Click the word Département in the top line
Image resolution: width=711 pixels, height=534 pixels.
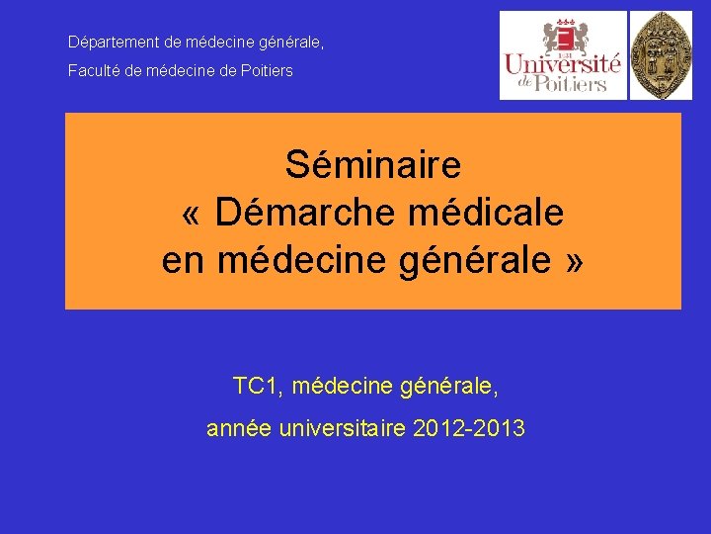point(108,43)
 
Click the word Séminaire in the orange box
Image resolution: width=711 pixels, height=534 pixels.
point(373,164)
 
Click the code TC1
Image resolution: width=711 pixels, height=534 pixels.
point(257,386)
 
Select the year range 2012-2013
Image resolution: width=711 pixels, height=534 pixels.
point(469,429)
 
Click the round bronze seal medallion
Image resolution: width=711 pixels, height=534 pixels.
point(662,55)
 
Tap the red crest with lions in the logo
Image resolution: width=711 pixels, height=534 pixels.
point(565,37)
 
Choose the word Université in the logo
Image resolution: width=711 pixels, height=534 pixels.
point(563,65)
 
